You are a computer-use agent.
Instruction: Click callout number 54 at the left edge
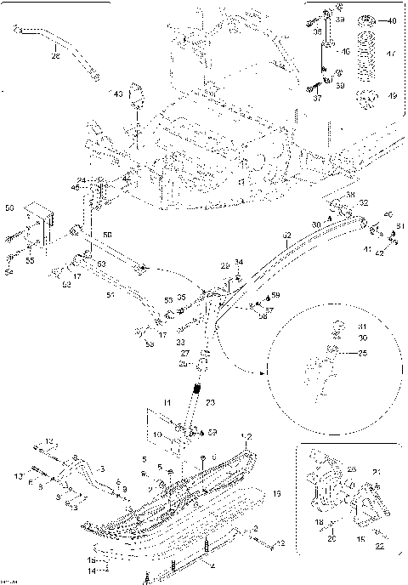point(10,272)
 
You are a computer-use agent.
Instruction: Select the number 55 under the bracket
point(30,262)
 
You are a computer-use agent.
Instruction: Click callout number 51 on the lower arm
point(110,296)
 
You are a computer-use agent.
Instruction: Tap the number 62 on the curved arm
point(286,236)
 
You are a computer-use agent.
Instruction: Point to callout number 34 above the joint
point(239,262)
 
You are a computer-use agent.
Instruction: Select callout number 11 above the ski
point(167,401)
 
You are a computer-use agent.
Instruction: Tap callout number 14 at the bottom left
point(92,570)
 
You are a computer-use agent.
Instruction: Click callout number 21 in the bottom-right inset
point(378,472)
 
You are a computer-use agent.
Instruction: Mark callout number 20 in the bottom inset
point(331,537)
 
